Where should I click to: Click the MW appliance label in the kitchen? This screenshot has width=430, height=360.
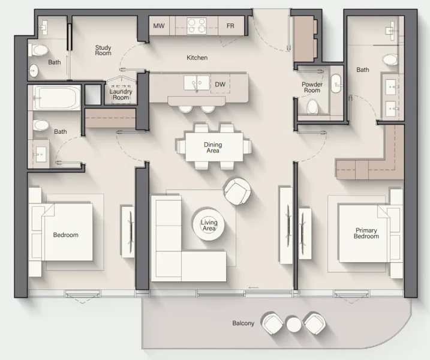tap(159, 26)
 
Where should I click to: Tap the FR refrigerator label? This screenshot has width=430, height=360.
tap(230, 26)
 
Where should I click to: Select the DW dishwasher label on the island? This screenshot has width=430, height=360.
tap(220, 85)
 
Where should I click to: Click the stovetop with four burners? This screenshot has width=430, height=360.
tap(196, 26)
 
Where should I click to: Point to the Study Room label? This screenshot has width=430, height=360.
tap(103, 50)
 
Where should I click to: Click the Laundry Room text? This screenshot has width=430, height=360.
tap(121, 94)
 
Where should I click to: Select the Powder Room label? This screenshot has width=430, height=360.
tap(312, 88)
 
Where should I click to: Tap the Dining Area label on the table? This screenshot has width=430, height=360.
tap(213, 148)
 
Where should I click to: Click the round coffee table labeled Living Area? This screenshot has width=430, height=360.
tap(209, 226)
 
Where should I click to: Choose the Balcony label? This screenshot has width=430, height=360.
tap(243, 323)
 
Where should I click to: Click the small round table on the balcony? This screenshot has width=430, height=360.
tap(293, 324)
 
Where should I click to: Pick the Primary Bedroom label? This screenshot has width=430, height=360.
tap(366, 233)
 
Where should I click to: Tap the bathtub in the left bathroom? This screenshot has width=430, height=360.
tap(56, 97)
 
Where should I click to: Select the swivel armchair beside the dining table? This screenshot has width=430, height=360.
tap(236, 190)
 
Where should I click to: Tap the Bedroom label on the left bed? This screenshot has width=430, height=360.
tap(65, 235)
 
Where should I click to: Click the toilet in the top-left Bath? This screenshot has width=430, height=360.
tap(39, 49)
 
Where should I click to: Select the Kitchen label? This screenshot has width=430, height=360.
tap(197, 58)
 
